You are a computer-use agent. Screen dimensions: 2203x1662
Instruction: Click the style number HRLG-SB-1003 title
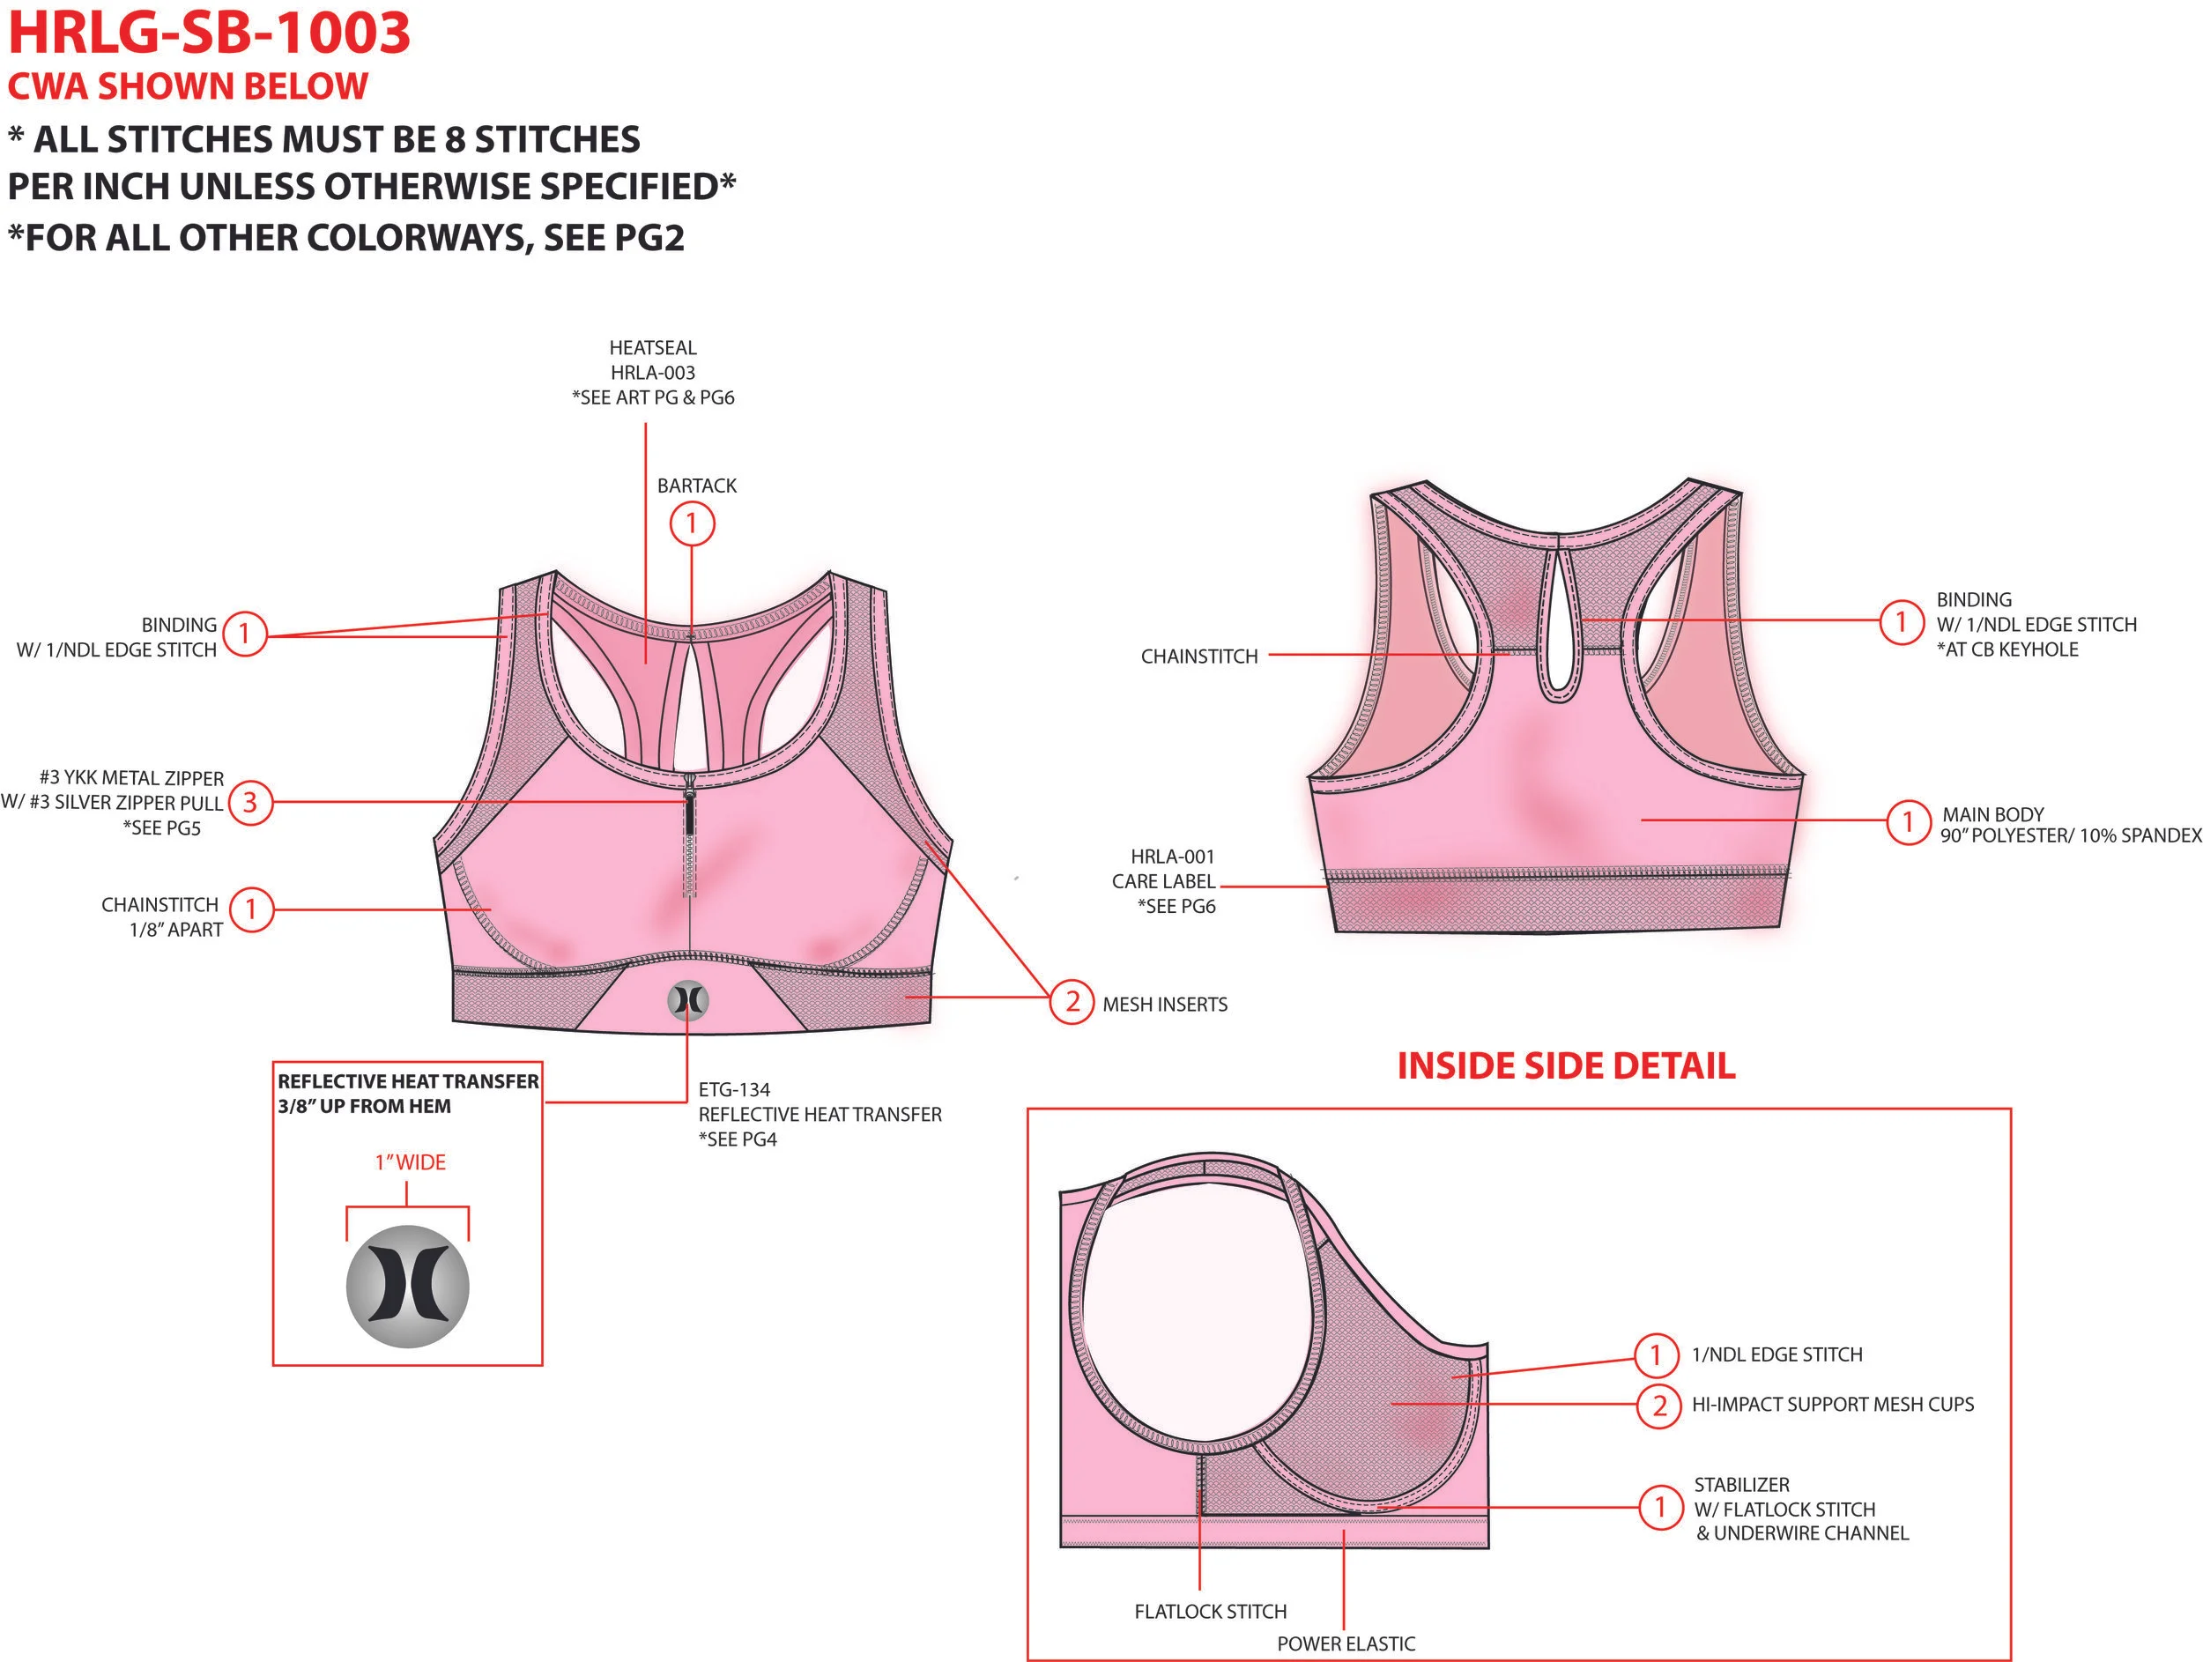point(209,33)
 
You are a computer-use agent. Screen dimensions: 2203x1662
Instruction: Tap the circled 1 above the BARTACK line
point(692,523)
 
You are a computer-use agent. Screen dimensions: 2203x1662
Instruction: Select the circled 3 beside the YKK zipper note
point(250,802)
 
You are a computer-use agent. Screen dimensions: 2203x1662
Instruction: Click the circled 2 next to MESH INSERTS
point(1072,1002)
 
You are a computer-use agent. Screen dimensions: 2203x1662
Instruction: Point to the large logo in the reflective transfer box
point(407,1286)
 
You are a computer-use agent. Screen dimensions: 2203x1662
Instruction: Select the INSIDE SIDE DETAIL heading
point(1566,1065)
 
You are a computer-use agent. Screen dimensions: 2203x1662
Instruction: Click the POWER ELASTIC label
point(1346,1643)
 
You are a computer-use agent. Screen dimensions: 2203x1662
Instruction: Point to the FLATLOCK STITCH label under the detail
point(1210,1611)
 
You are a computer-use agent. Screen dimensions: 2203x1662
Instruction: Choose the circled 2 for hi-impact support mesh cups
point(1659,1405)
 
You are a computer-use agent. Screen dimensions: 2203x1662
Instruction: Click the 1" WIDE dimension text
point(411,1162)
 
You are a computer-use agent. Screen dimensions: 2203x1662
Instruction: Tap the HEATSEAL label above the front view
point(652,347)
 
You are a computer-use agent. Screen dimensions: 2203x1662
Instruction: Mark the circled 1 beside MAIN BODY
point(1908,821)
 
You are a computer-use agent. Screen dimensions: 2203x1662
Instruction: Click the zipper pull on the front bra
point(689,791)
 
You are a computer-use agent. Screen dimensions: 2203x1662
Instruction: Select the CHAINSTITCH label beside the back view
point(1199,657)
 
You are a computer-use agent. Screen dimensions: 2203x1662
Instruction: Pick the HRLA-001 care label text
point(1172,857)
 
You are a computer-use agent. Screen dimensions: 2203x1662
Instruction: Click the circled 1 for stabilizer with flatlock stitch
point(1660,1507)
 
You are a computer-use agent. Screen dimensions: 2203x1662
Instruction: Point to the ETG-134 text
point(734,1089)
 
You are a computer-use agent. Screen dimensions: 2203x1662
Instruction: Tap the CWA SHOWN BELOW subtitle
point(189,87)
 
